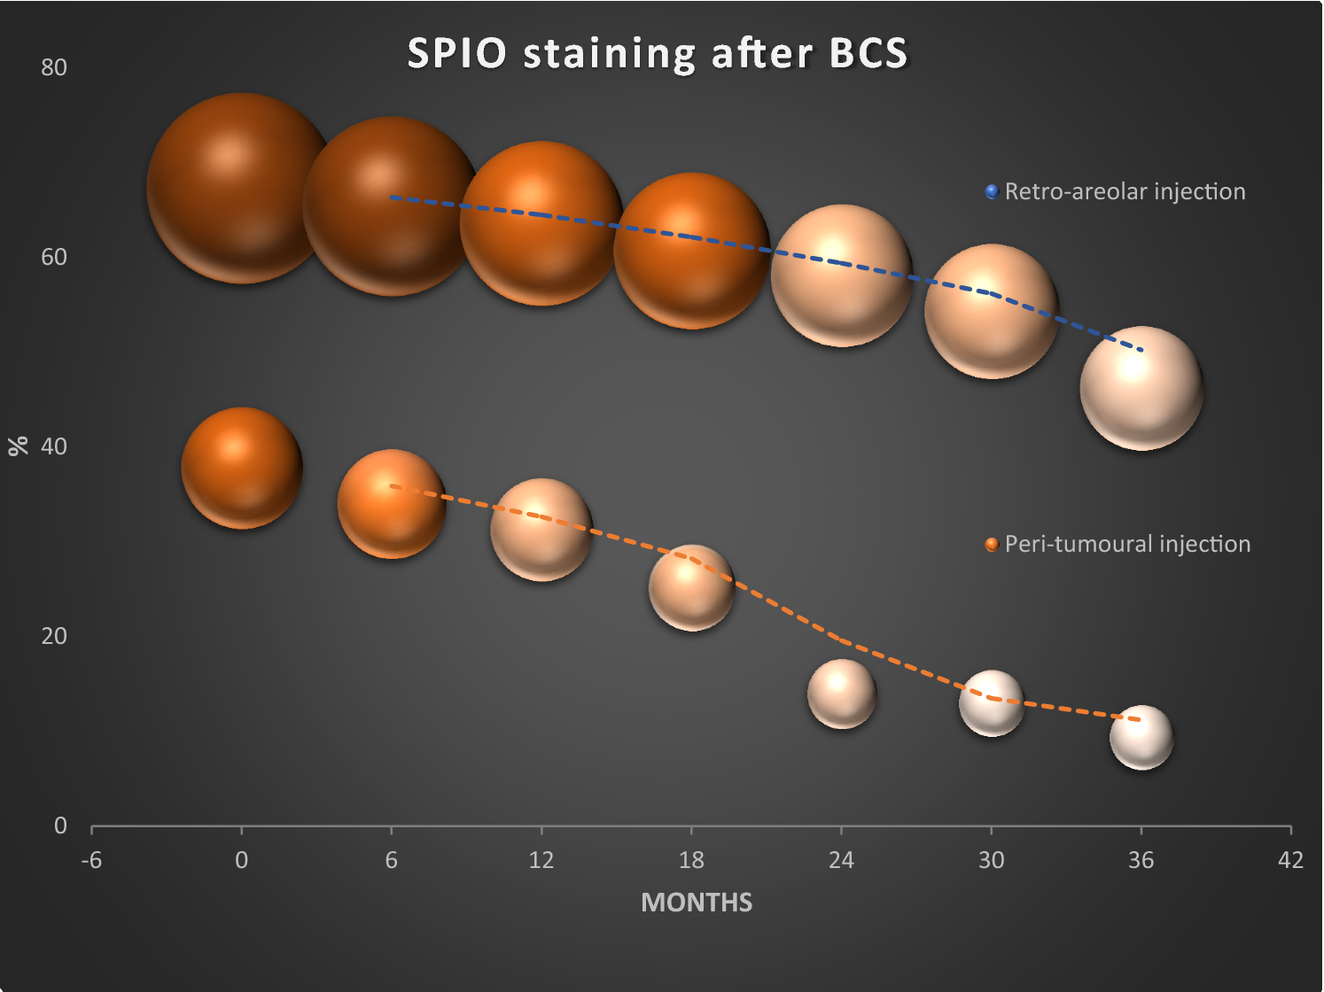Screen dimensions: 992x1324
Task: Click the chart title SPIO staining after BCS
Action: click(x=658, y=53)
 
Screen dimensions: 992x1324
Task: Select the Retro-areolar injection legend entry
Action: click(x=1124, y=191)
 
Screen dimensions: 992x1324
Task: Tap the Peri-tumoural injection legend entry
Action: click(x=1126, y=544)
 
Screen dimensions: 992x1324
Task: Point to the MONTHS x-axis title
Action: click(x=697, y=903)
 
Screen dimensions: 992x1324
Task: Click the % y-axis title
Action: click(x=19, y=446)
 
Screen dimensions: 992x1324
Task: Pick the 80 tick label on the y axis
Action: click(x=54, y=67)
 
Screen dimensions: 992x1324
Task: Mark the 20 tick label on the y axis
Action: click(x=54, y=636)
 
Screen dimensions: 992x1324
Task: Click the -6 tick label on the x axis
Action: click(x=91, y=860)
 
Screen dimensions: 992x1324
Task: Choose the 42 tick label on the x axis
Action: click(x=1290, y=860)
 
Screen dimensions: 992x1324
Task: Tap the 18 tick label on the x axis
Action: click(x=691, y=860)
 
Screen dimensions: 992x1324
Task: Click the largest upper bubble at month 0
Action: click(x=241, y=189)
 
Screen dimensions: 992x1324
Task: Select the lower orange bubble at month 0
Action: click(x=242, y=468)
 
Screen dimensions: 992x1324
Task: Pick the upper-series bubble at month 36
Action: click(x=1141, y=388)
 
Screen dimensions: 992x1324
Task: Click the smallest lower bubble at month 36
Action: click(x=1141, y=737)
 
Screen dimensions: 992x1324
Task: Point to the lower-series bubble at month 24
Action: click(x=842, y=694)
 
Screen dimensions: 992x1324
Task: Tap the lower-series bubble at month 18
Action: click(x=691, y=588)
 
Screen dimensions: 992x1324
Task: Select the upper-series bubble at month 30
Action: click(x=992, y=311)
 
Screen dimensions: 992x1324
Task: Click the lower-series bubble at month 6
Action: click(x=392, y=504)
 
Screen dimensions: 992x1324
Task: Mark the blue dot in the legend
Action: click(x=992, y=191)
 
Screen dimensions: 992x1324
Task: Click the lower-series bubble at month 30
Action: click(x=992, y=703)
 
